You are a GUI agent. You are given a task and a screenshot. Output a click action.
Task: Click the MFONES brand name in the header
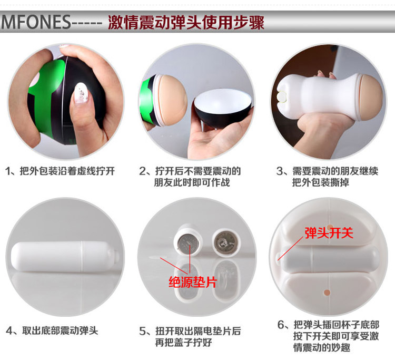pos(36,22)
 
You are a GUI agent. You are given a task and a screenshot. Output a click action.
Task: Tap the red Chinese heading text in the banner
pos(186,23)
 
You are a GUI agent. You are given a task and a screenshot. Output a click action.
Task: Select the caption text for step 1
pos(60,171)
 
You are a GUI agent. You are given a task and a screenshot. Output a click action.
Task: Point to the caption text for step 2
pos(190,177)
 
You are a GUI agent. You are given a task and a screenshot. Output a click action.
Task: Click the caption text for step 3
pos(327,177)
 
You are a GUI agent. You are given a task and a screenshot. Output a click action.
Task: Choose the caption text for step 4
pos(52,330)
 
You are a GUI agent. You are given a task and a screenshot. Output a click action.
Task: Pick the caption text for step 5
pos(190,337)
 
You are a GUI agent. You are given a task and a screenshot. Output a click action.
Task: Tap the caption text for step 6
pos(328,336)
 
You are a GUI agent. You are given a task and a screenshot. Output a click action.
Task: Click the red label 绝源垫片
pos(193,282)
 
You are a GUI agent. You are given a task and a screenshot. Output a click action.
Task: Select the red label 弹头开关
pos(329,232)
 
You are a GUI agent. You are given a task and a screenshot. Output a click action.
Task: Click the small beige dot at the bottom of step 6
pos(327,293)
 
